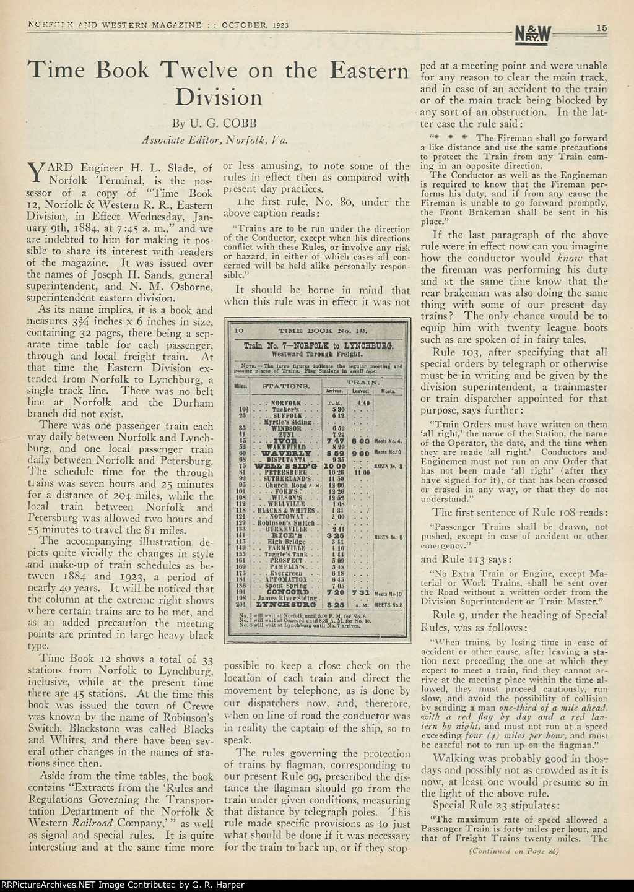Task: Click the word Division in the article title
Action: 218,97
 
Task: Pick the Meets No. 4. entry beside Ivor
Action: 388,441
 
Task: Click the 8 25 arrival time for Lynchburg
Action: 336,604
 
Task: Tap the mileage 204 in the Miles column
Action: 241,605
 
